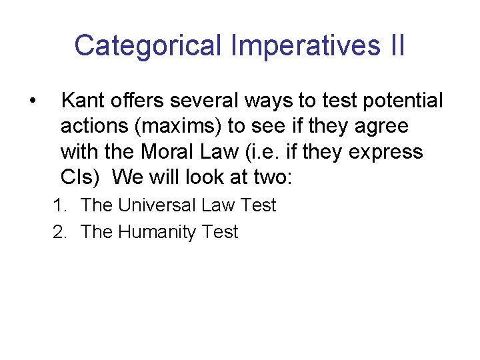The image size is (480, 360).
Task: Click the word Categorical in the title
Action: click(x=149, y=46)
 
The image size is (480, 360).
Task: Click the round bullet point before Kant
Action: click(x=32, y=101)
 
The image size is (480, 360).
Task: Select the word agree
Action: click(x=379, y=126)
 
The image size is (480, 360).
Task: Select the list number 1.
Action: click(x=59, y=205)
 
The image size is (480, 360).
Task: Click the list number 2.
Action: click(x=59, y=232)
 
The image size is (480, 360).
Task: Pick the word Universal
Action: click(x=155, y=205)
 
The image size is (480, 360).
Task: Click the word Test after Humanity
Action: click(x=221, y=232)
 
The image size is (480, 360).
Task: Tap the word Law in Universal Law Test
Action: click(x=217, y=205)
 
